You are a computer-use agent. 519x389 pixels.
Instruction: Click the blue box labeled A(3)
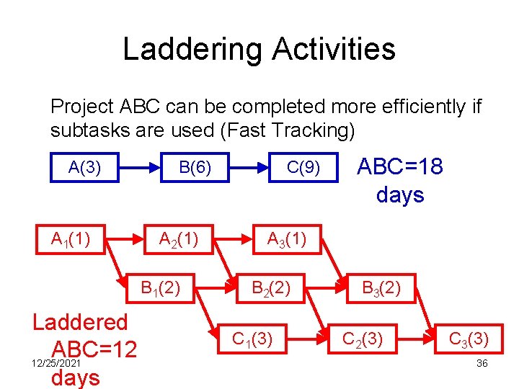click(x=84, y=168)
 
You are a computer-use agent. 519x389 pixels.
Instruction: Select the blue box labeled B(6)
click(x=195, y=168)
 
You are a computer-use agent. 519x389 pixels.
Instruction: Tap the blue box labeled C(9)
click(x=303, y=168)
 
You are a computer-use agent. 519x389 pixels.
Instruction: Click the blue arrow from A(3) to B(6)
click(x=139, y=168)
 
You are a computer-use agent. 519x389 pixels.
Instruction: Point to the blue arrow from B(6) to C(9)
click(x=249, y=168)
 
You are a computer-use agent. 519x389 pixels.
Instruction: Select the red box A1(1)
click(x=70, y=238)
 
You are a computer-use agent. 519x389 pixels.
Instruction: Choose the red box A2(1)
click(x=179, y=238)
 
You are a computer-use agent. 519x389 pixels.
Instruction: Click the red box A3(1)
click(x=287, y=238)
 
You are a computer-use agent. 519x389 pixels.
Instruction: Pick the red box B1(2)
click(x=160, y=289)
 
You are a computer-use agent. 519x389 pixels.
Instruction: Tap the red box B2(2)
click(x=270, y=289)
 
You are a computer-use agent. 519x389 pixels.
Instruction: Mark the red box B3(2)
click(x=381, y=289)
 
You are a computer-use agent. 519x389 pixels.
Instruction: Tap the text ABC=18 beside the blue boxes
click(x=400, y=167)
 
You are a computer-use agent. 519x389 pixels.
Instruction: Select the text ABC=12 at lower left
click(x=94, y=350)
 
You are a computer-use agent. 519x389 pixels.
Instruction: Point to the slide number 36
click(x=482, y=364)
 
